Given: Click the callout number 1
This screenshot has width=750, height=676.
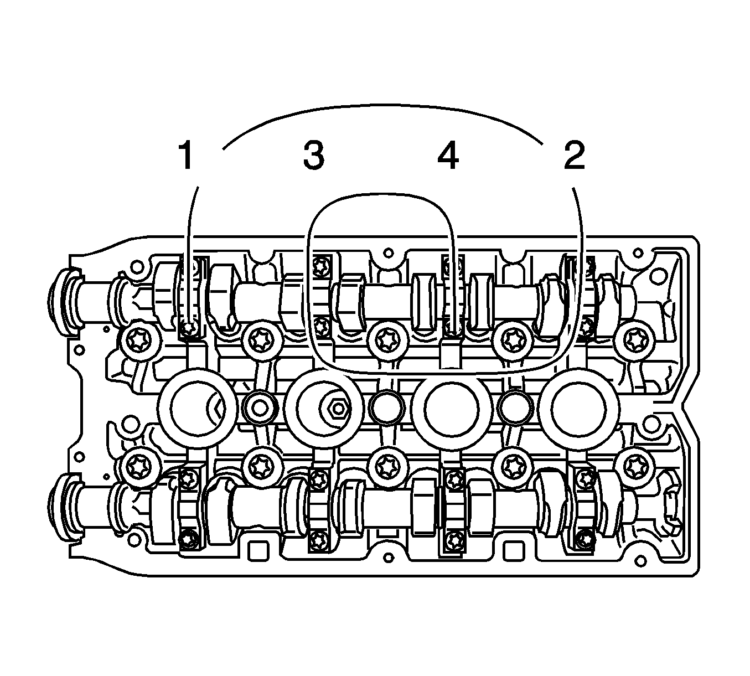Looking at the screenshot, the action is tap(186, 155).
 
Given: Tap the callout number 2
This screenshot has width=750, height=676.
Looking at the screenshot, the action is tap(575, 155).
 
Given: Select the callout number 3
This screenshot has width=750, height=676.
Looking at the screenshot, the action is tap(314, 155).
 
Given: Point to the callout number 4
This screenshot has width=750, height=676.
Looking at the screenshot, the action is tap(448, 155).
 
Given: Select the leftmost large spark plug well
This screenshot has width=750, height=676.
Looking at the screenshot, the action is tap(198, 408).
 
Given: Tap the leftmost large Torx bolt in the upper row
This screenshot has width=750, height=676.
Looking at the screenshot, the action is tap(139, 340).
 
